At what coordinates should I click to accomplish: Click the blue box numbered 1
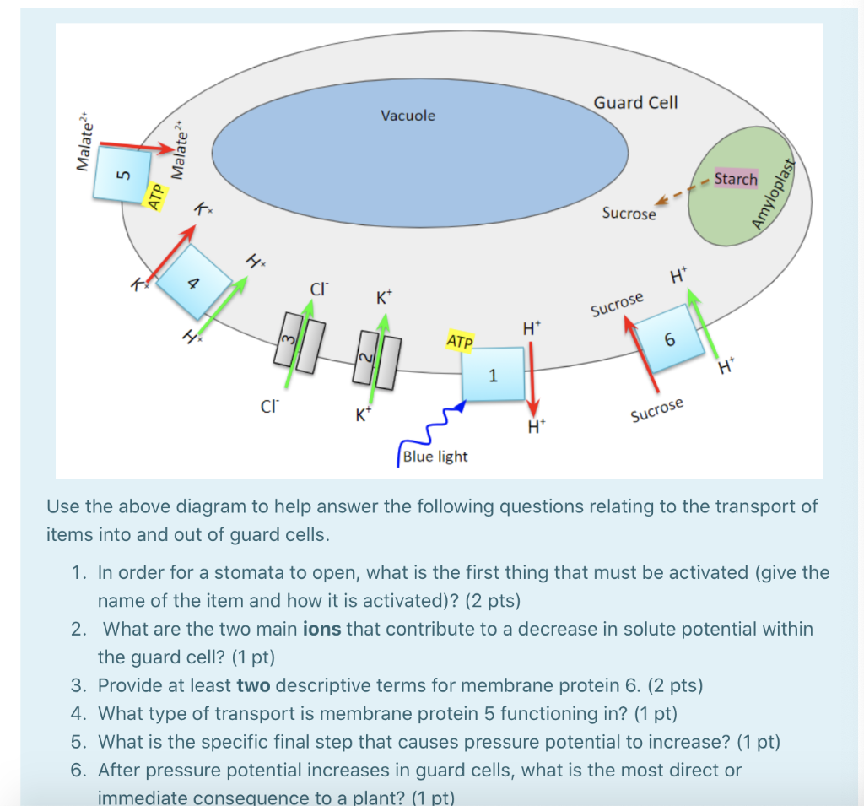pos(494,374)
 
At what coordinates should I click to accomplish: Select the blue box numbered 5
pos(124,175)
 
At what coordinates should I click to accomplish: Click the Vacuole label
pos(408,116)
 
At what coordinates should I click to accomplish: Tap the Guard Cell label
pos(635,103)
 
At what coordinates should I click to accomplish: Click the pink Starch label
pos(736,179)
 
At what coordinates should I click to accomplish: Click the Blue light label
pos(435,457)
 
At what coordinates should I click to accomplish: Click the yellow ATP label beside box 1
pos(460,342)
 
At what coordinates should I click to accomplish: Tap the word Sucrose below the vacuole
pos(629,214)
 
